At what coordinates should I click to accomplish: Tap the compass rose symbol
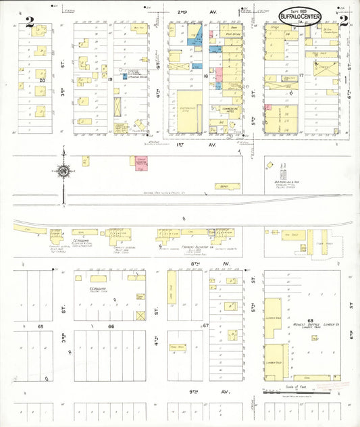(x=63, y=172)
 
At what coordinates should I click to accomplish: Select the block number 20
(x=42, y=79)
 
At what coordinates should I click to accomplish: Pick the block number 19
(x=109, y=79)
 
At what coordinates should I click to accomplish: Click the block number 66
(x=111, y=326)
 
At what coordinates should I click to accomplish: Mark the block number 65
(x=41, y=326)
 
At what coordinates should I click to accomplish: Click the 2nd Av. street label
(x=182, y=12)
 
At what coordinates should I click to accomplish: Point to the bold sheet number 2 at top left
(x=29, y=21)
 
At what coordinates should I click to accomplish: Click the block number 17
(x=302, y=75)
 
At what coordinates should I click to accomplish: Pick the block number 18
(x=205, y=78)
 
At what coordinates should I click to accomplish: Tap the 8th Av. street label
(x=198, y=263)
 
